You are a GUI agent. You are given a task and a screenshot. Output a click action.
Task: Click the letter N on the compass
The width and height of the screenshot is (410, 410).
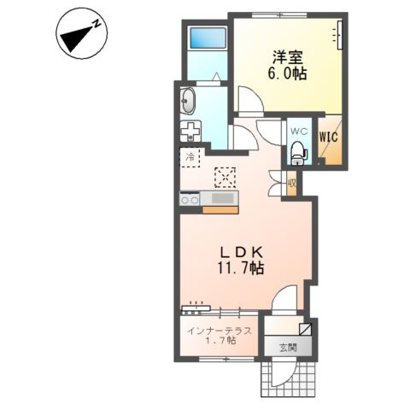(x=97, y=25)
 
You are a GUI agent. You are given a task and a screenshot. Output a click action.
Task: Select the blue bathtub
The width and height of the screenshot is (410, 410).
(x=208, y=38)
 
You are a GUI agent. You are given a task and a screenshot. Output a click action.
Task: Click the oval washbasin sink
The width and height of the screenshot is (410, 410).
(x=188, y=101)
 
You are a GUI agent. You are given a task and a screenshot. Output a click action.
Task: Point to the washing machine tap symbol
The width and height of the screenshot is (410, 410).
(x=190, y=131)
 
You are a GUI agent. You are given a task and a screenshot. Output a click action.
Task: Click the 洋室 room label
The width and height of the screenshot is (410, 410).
(x=287, y=58)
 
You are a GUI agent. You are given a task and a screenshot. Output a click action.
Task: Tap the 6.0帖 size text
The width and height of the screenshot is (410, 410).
(x=287, y=73)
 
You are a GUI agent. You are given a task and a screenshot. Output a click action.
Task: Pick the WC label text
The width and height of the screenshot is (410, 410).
(x=299, y=132)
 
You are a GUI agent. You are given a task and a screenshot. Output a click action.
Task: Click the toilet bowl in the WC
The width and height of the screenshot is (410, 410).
(x=299, y=153)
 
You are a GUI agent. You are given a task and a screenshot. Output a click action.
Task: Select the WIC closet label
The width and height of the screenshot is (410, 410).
(x=328, y=138)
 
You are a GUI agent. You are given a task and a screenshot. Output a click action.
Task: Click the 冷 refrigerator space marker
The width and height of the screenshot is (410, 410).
(x=190, y=156)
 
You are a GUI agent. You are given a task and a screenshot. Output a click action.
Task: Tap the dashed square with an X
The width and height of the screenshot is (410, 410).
(x=225, y=178)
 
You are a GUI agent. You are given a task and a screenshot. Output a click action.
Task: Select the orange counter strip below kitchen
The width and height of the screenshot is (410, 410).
(x=220, y=210)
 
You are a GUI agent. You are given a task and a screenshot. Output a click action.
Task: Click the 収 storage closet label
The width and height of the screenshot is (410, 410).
(x=292, y=183)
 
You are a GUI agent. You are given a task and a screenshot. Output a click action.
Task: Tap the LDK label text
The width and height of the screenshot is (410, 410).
(x=242, y=251)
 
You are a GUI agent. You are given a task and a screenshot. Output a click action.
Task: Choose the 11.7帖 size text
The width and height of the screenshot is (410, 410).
(x=241, y=268)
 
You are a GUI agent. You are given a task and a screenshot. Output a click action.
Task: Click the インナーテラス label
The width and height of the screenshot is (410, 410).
(x=220, y=331)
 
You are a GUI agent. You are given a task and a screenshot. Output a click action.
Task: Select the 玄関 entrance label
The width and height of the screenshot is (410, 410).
(x=288, y=348)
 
